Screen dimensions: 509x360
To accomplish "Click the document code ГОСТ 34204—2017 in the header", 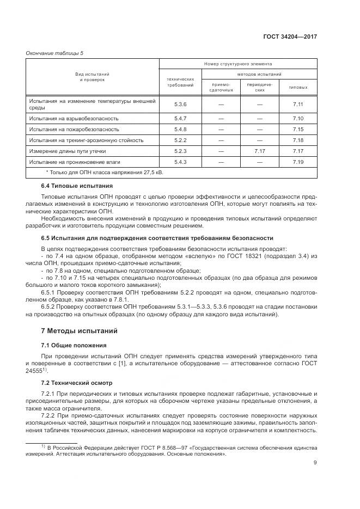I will [290, 37].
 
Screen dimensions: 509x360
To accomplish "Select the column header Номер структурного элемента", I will [238, 64].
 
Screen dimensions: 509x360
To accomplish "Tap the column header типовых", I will [297, 87].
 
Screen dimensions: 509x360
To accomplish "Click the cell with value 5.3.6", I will [180, 104].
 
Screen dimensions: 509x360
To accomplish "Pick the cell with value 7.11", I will [297, 104].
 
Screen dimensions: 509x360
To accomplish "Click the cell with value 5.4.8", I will [180, 129].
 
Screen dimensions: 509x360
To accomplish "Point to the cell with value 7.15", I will [297, 129].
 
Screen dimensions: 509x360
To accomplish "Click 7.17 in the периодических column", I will [259, 151].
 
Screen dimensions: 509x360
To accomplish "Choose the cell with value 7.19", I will [297, 162].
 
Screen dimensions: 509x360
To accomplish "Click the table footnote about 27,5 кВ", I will [105, 173].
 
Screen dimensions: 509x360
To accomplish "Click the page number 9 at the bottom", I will [315, 463].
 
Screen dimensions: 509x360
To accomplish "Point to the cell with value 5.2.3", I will [180, 151].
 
